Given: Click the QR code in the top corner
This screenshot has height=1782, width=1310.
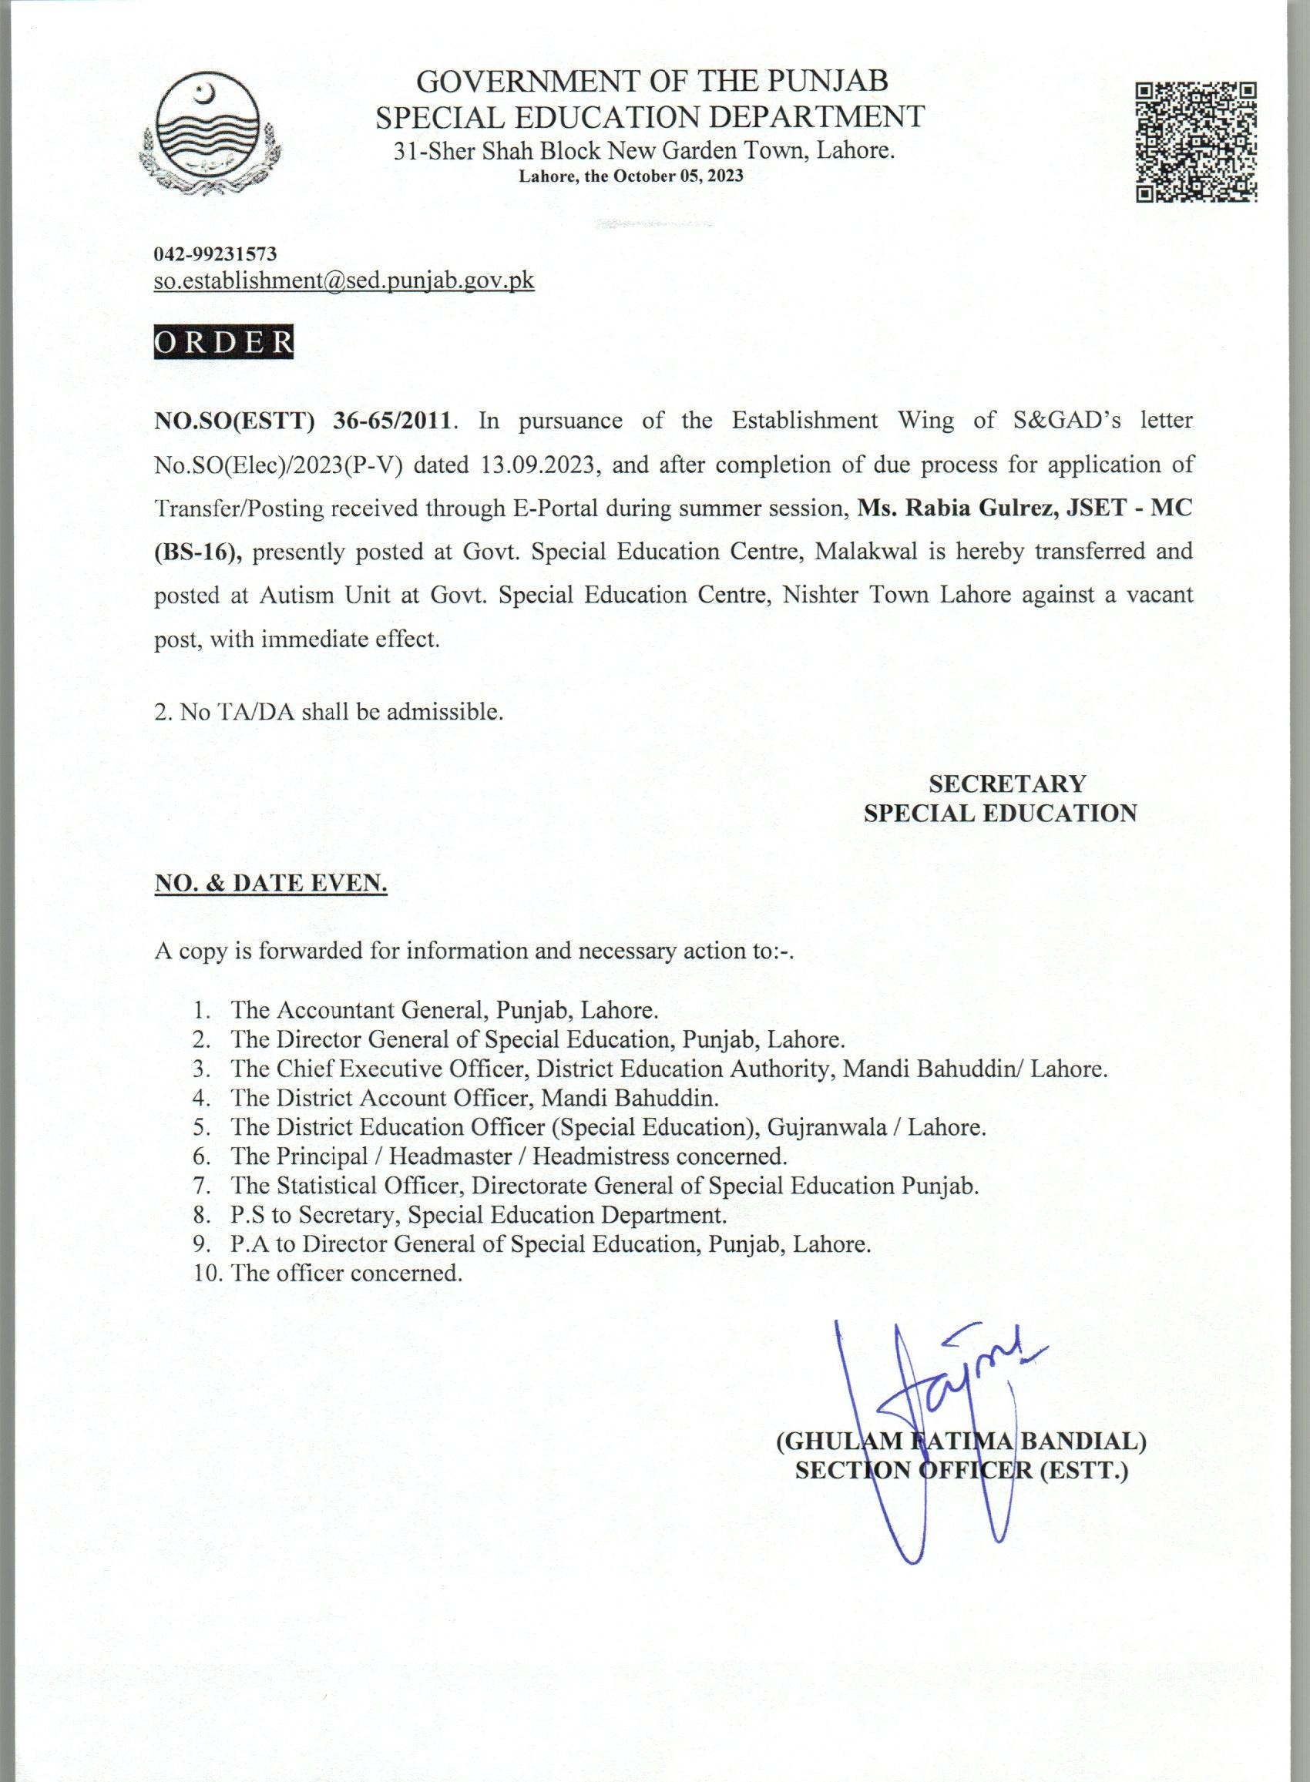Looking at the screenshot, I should point(1196,141).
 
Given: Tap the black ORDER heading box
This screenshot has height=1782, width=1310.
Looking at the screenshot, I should point(223,342).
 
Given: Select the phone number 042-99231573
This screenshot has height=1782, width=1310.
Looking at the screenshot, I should point(216,253).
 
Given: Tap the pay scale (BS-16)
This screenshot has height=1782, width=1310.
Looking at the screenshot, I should point(197,551).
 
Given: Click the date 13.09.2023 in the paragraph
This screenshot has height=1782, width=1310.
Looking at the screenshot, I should point(537,464).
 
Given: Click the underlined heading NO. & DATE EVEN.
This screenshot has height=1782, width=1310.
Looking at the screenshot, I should point(270,884).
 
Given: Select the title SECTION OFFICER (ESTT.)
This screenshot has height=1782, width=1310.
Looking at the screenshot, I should point(961,1472).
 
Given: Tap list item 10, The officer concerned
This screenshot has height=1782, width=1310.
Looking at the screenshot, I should point(327,1274).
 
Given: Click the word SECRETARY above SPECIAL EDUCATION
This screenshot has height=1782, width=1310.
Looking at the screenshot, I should point(1007,784).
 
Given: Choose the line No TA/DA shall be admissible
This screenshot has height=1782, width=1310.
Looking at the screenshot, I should point(329,712).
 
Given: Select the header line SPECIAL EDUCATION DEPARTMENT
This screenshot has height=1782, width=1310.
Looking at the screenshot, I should point(650,116).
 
